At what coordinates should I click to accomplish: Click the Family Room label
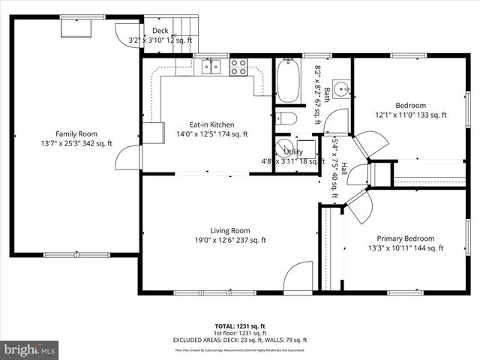(x=76, y=133)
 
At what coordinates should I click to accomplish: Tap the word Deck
(x=160, y=31)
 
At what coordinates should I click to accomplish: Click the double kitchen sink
(x=211, y=67)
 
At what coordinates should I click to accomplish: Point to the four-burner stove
(x=238, y=67)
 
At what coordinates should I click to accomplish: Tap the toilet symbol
(x=286, y=118)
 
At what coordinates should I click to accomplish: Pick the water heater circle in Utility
(x=284, y=146)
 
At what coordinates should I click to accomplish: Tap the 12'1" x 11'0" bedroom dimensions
(x=410, y=115)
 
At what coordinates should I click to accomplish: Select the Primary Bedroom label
(x=406, y=238)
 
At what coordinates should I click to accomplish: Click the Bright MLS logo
(x=30, y=349)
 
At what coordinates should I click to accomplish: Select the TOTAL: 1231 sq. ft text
(x=240, y=326)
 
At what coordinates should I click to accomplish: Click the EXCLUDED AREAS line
(x=240, y=340)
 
